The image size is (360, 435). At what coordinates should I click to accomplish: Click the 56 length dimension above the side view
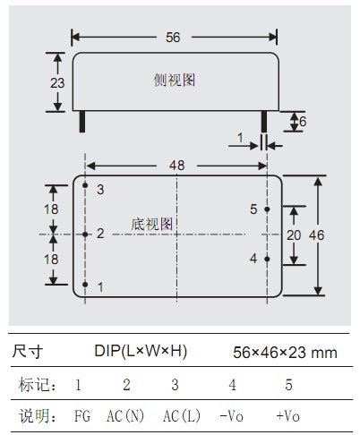click(x=173, y=38)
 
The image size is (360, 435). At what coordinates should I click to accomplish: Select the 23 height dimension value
click(x=57, y=83)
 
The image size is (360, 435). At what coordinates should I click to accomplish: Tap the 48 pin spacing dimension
click(x=176, y=166)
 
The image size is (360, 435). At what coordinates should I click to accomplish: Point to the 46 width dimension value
click(x=316, y=235)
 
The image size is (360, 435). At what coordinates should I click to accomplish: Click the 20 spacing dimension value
click(x=294, y=235)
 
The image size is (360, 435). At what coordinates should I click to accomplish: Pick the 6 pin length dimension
click(x=303, y=122)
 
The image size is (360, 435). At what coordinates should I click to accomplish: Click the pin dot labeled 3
click(x=85, y=185)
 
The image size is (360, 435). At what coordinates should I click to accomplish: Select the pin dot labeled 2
click(x=85, y=235)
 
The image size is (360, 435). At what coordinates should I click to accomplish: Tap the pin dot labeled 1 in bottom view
click(x=85, y=285)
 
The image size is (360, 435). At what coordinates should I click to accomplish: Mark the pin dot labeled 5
click(x=267, y=209)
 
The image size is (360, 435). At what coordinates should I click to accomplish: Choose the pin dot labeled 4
click(x=267, y=259)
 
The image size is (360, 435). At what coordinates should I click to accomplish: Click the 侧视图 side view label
click(x=175, y=80)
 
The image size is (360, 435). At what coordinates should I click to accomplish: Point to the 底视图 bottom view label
click(x=152, y=224)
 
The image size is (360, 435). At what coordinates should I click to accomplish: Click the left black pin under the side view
click(x=82, y=122)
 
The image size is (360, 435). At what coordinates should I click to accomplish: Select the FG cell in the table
click(x=82, y=416)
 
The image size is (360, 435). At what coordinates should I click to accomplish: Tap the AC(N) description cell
click(x=125, y=416)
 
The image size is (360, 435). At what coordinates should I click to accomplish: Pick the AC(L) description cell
click(x=182, y=416)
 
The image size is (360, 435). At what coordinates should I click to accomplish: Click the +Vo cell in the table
click(x=287, y=416)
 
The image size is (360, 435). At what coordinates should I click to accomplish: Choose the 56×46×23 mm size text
click(x=285, y=353)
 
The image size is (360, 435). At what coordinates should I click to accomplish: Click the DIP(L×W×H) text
click(x=141, y=351)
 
